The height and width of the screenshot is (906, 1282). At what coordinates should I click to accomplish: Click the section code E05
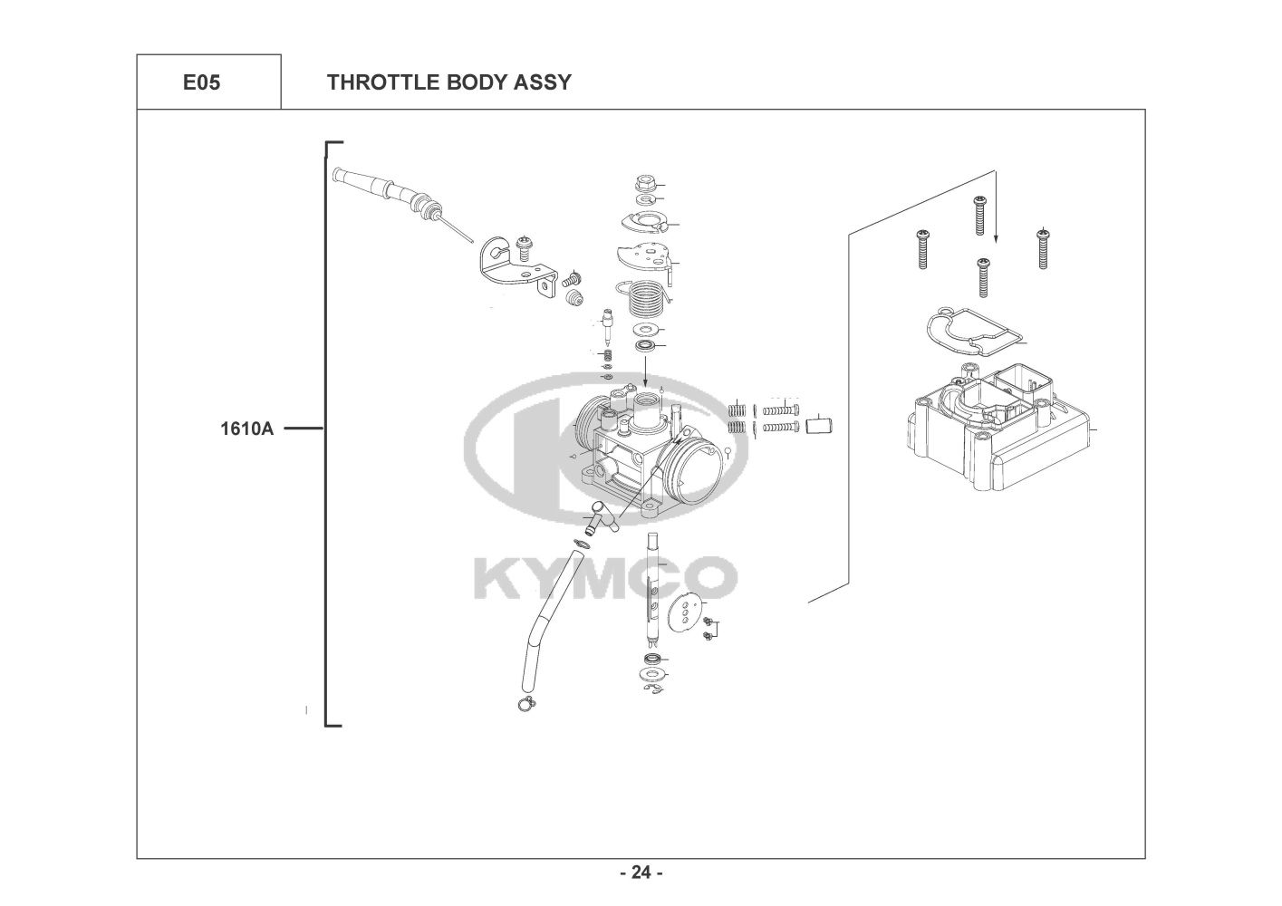(201, 82)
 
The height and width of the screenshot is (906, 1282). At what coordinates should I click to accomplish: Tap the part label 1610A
(246, 429)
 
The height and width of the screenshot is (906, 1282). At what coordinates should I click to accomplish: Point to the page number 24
(641, 873)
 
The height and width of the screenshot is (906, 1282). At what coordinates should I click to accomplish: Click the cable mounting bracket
(514, 267)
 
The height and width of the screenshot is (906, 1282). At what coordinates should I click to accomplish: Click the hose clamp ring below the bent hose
(525, 704)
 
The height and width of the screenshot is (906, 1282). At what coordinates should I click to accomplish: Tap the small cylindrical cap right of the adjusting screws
(820, 423)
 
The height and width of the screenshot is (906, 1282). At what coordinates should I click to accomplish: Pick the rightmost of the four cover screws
(1043, 247)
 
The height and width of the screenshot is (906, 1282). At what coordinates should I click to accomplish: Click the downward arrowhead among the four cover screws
(996, 238)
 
